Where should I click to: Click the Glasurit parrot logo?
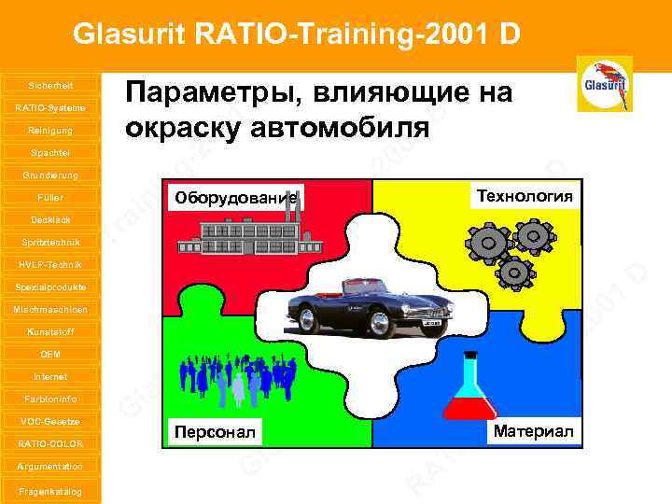[604, 83]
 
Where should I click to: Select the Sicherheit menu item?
[50, 85]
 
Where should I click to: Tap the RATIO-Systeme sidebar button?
[50, 107]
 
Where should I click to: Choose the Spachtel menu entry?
[50, 152]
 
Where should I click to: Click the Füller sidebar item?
[50, 197]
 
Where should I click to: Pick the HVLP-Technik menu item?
[50, 264]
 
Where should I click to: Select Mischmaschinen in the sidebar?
[50, 309]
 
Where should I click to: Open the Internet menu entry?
[50, 376]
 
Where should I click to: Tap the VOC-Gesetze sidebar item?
[50, 421]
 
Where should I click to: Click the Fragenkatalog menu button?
[50, 491]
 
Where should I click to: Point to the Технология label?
[525, 195]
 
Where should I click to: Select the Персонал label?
[215, 430]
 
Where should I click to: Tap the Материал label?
[533, 429]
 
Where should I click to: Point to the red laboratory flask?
[469, 392]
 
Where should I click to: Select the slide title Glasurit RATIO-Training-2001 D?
[296, 35]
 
